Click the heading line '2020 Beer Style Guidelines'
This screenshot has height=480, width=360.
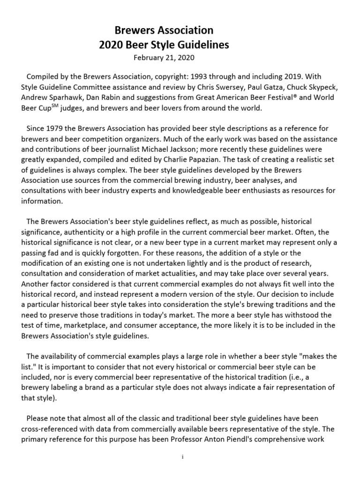tap(164, 45)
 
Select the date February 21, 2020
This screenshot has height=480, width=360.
tap(164, 58)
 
